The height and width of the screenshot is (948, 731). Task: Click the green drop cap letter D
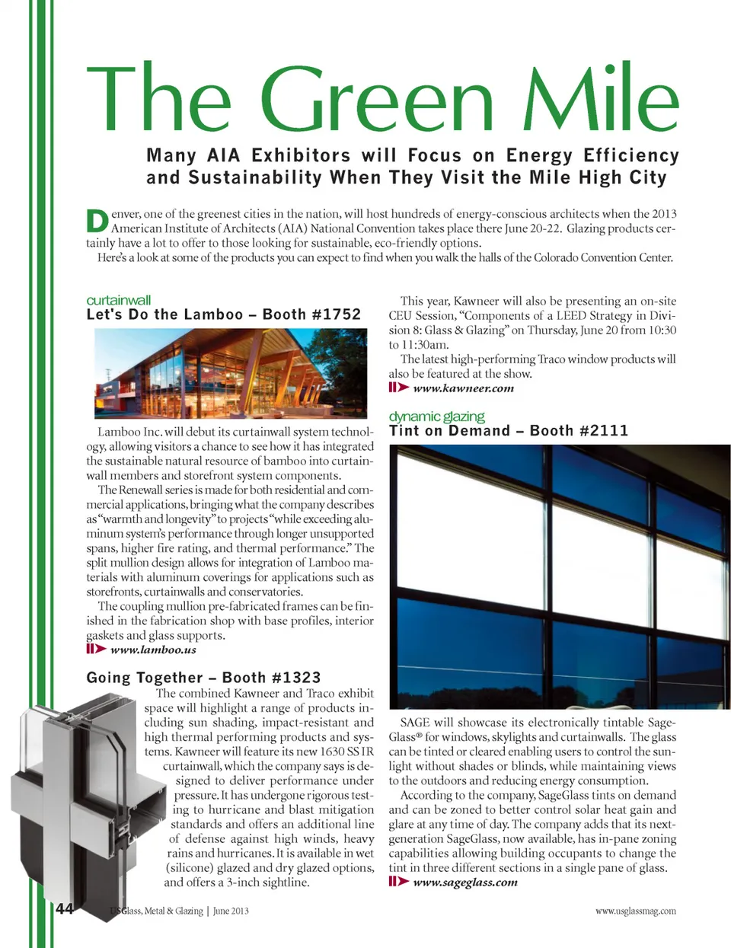pyautogui.click(x=97, y=221)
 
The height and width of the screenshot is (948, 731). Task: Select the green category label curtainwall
pyautogui.click(x=119, y=300)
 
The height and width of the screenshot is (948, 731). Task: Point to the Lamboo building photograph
pyautogui.click(x=234, y=373)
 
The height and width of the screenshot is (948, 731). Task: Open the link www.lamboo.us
pyautogui.click(x=153, y=650)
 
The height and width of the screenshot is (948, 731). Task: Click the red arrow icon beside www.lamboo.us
pyautogui.click(x=96, y=649)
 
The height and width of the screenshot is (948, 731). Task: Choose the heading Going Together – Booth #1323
pyautogui.click(x=203, y=677)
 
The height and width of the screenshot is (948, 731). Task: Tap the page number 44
pyautogui.click(x=65, y=908)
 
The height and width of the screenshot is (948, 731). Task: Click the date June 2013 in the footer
pyautogui.click(x=231, y=911)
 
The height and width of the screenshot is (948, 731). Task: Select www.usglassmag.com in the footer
pyautogui.click(x=635, y=911)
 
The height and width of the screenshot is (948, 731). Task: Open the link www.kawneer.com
pyautogui.click(x=463, y=388)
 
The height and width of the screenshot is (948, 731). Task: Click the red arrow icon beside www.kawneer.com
pyautogui.click(x=398, y=388)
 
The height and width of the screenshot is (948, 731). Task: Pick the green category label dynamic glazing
pyautogui.click(x=436, y=417)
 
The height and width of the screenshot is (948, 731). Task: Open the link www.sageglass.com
pyautogui.click(x=464, y=882)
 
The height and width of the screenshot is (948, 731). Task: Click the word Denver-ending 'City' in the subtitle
pyautogui.click(x=647, y=178)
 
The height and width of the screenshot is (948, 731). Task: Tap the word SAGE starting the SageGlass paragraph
pyautogui.click(x=415, y=723)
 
